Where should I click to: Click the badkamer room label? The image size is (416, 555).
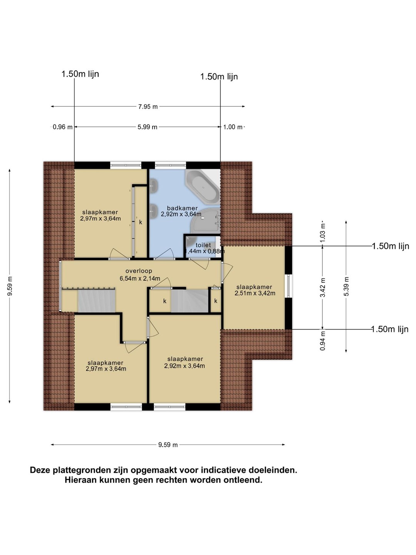(x=182, y=208)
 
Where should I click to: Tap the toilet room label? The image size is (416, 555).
(x=203, y=245)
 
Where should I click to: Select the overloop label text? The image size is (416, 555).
(x=139, y=271)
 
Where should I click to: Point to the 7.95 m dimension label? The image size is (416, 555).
(x=148, y=107)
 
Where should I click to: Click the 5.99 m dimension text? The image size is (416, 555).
(x=148, y=127)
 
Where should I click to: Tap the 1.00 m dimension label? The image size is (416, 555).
(x=233, y=127)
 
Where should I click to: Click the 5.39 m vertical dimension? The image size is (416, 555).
(x=347, y=286)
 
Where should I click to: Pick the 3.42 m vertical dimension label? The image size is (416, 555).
(x=323, y=288)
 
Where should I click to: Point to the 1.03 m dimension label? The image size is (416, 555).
(x=323, y=233)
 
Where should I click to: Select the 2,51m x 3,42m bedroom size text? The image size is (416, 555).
(x=255, y=293)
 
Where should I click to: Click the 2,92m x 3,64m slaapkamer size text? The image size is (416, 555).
(x=185, y=366)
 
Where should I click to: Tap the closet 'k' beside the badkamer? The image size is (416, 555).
(x=141, y=222)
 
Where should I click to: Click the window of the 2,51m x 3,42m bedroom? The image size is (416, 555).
(x=289, y=286)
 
